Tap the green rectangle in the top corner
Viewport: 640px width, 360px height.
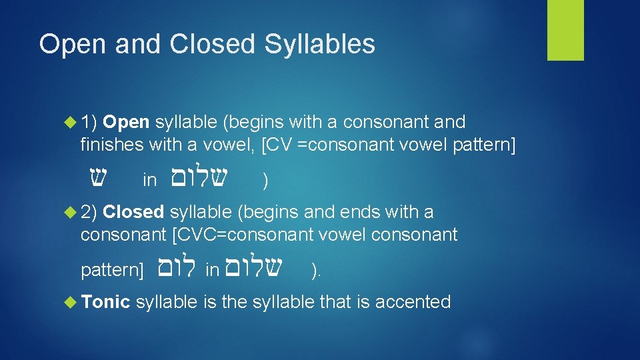[565, 30]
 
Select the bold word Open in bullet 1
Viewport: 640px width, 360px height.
[127, 122]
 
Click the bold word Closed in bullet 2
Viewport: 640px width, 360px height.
[133, 212]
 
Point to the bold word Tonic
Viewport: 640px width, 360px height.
[105, 302]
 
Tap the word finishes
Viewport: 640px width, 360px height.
[110, 144]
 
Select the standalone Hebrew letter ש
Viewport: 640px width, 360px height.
[99, 177]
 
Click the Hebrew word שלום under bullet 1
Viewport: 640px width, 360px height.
[199, 177]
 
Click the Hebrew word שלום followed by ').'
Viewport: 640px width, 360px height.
[255, 268]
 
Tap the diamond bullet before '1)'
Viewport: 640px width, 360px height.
[70, 123]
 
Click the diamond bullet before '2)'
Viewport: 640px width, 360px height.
[70, 213]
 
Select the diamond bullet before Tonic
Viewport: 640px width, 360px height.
[70, 303]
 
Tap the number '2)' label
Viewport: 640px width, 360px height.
[89, 212]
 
